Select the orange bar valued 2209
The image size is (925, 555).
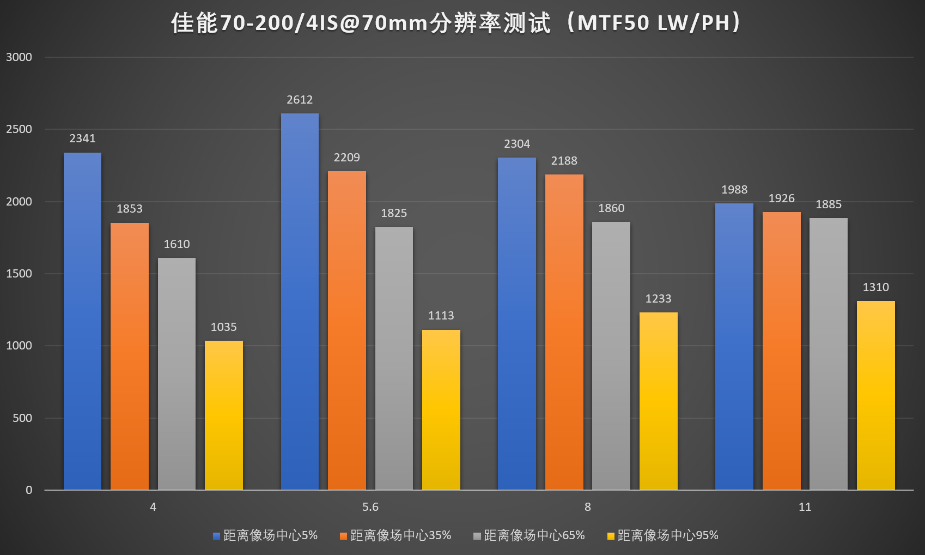point(346,330)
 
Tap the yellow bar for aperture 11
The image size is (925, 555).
point(875,395)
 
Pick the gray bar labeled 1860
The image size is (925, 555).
point(611,355)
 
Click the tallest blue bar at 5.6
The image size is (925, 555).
point(300,301)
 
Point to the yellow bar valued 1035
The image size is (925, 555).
point(223,415)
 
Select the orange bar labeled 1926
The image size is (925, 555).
point(781,351)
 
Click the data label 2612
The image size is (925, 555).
point(300,100)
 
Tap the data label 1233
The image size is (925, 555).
point(658,299)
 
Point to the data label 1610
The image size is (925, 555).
point(177,244)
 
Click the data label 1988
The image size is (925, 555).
point(734,190)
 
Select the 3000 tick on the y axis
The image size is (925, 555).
point(19,57)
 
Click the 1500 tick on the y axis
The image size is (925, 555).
point(19,274)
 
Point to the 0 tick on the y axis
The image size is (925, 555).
point(29,490)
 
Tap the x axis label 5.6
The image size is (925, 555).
point(370,507)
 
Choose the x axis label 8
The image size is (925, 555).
point(587,507)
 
